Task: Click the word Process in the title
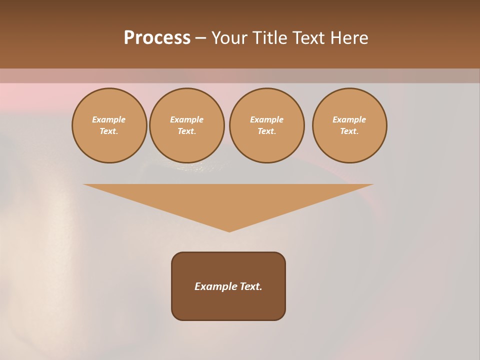157,38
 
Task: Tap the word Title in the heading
270,38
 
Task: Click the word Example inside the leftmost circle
109,119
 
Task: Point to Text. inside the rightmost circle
349,131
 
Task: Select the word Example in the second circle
186,119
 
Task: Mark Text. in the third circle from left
266,131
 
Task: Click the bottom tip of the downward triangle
229,230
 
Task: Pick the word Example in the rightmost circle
349,119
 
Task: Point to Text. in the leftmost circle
109,131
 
